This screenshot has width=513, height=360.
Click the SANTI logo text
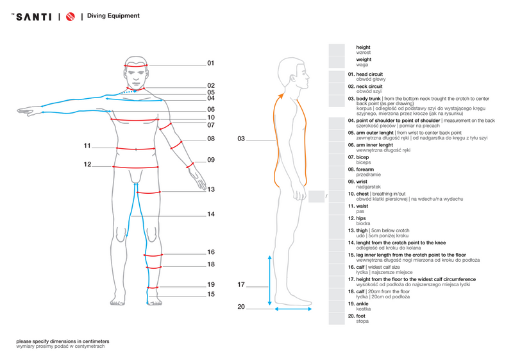pos(33,17)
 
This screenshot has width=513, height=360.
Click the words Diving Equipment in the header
pos(114,16)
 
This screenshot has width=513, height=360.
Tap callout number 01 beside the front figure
pos(210,64)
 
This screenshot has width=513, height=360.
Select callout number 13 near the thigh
pos(210,189)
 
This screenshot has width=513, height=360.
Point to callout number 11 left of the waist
pos(87,146)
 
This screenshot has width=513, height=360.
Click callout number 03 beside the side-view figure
pos(241,139)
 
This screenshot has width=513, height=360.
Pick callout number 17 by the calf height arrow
pos(241,284)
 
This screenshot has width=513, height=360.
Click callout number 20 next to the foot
pos(241,307)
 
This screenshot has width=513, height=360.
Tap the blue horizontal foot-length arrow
pos(293,309)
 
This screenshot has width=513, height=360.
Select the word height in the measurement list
pos(363,47)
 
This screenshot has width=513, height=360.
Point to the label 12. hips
pos(358,218)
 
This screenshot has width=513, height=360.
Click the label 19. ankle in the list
pos(359,304)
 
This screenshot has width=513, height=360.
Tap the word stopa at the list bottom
pos(362,321)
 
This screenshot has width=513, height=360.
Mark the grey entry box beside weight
pos(337,62)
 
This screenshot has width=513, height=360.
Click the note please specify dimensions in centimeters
pos(62,341)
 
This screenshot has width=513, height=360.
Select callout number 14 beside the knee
pos(210,214)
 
